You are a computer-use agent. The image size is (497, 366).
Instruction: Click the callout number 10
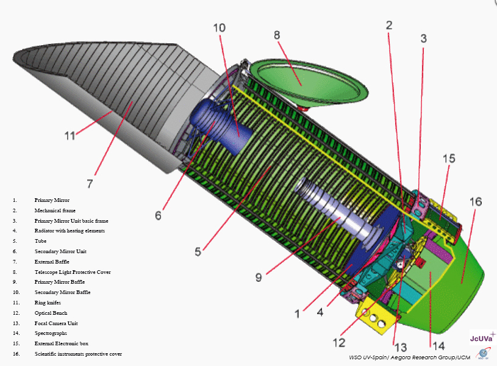[x=220, y=28]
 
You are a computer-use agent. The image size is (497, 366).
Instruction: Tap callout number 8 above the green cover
[x=277, y=35]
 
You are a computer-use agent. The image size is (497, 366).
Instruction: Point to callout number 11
[x=70, y=135]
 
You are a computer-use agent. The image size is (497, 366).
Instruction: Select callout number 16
[x=475, y=202]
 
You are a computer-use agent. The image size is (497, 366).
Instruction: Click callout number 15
[x=448, y=159]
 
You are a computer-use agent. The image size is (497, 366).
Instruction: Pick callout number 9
[x=259, y=277]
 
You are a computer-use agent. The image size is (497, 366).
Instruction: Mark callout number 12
[x=338, y=342]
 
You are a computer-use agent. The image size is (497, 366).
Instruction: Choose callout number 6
[x=158, y=215]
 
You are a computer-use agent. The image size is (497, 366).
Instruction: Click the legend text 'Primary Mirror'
[x=52, y=200]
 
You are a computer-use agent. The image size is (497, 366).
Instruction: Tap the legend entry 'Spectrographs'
[x=51, y=334]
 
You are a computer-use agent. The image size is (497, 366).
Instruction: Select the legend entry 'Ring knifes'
[x=49, y=303]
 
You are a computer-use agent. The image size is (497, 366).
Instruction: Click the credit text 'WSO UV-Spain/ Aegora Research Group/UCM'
[x=409, y=357]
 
